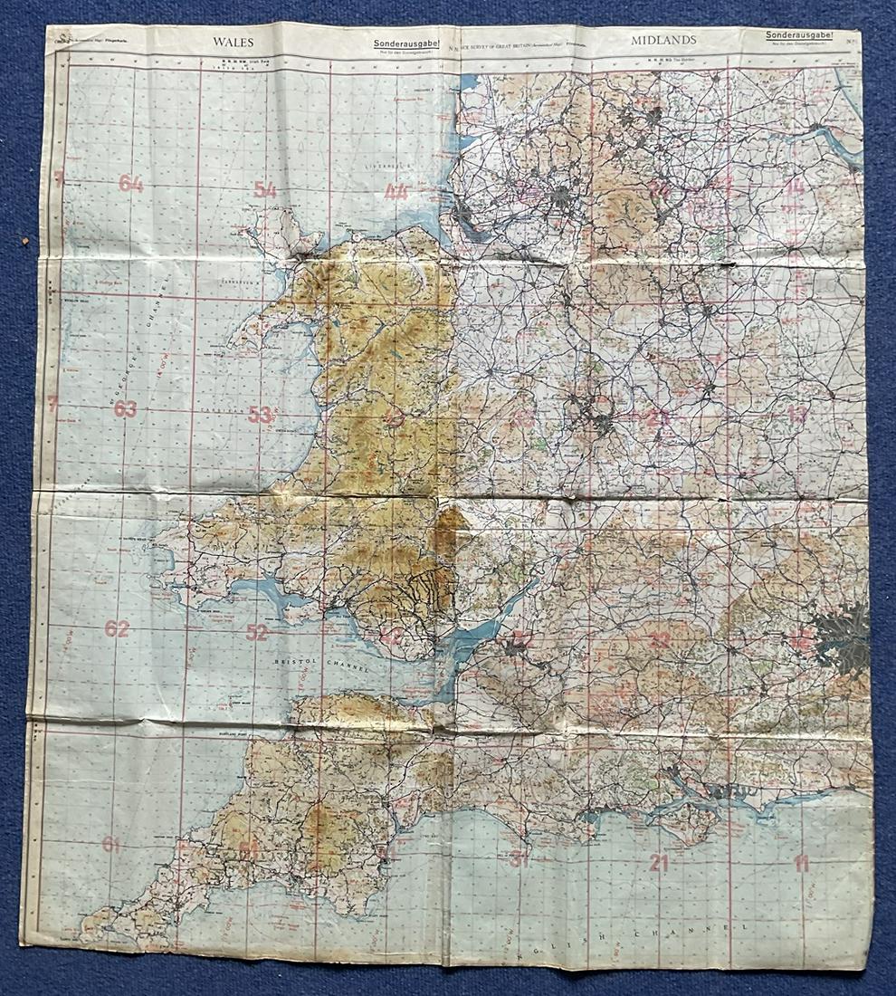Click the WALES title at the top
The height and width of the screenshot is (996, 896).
tap(233, 42)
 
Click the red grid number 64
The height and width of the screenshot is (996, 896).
tap(130, 184)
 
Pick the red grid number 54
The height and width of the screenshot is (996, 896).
tap(264, 189)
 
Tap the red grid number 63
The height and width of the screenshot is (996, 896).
tap(126, 408)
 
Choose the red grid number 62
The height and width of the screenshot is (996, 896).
tap(117, 628)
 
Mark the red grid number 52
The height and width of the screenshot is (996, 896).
tap(257, 632)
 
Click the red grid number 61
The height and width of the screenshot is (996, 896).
tap(111, 844)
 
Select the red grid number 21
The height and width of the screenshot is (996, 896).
tap(659, 863)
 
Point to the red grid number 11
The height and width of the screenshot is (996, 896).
tap(801, 863)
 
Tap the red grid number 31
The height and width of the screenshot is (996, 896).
tap(519, 859)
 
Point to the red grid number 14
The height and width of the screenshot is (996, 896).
tap(794, 187)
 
